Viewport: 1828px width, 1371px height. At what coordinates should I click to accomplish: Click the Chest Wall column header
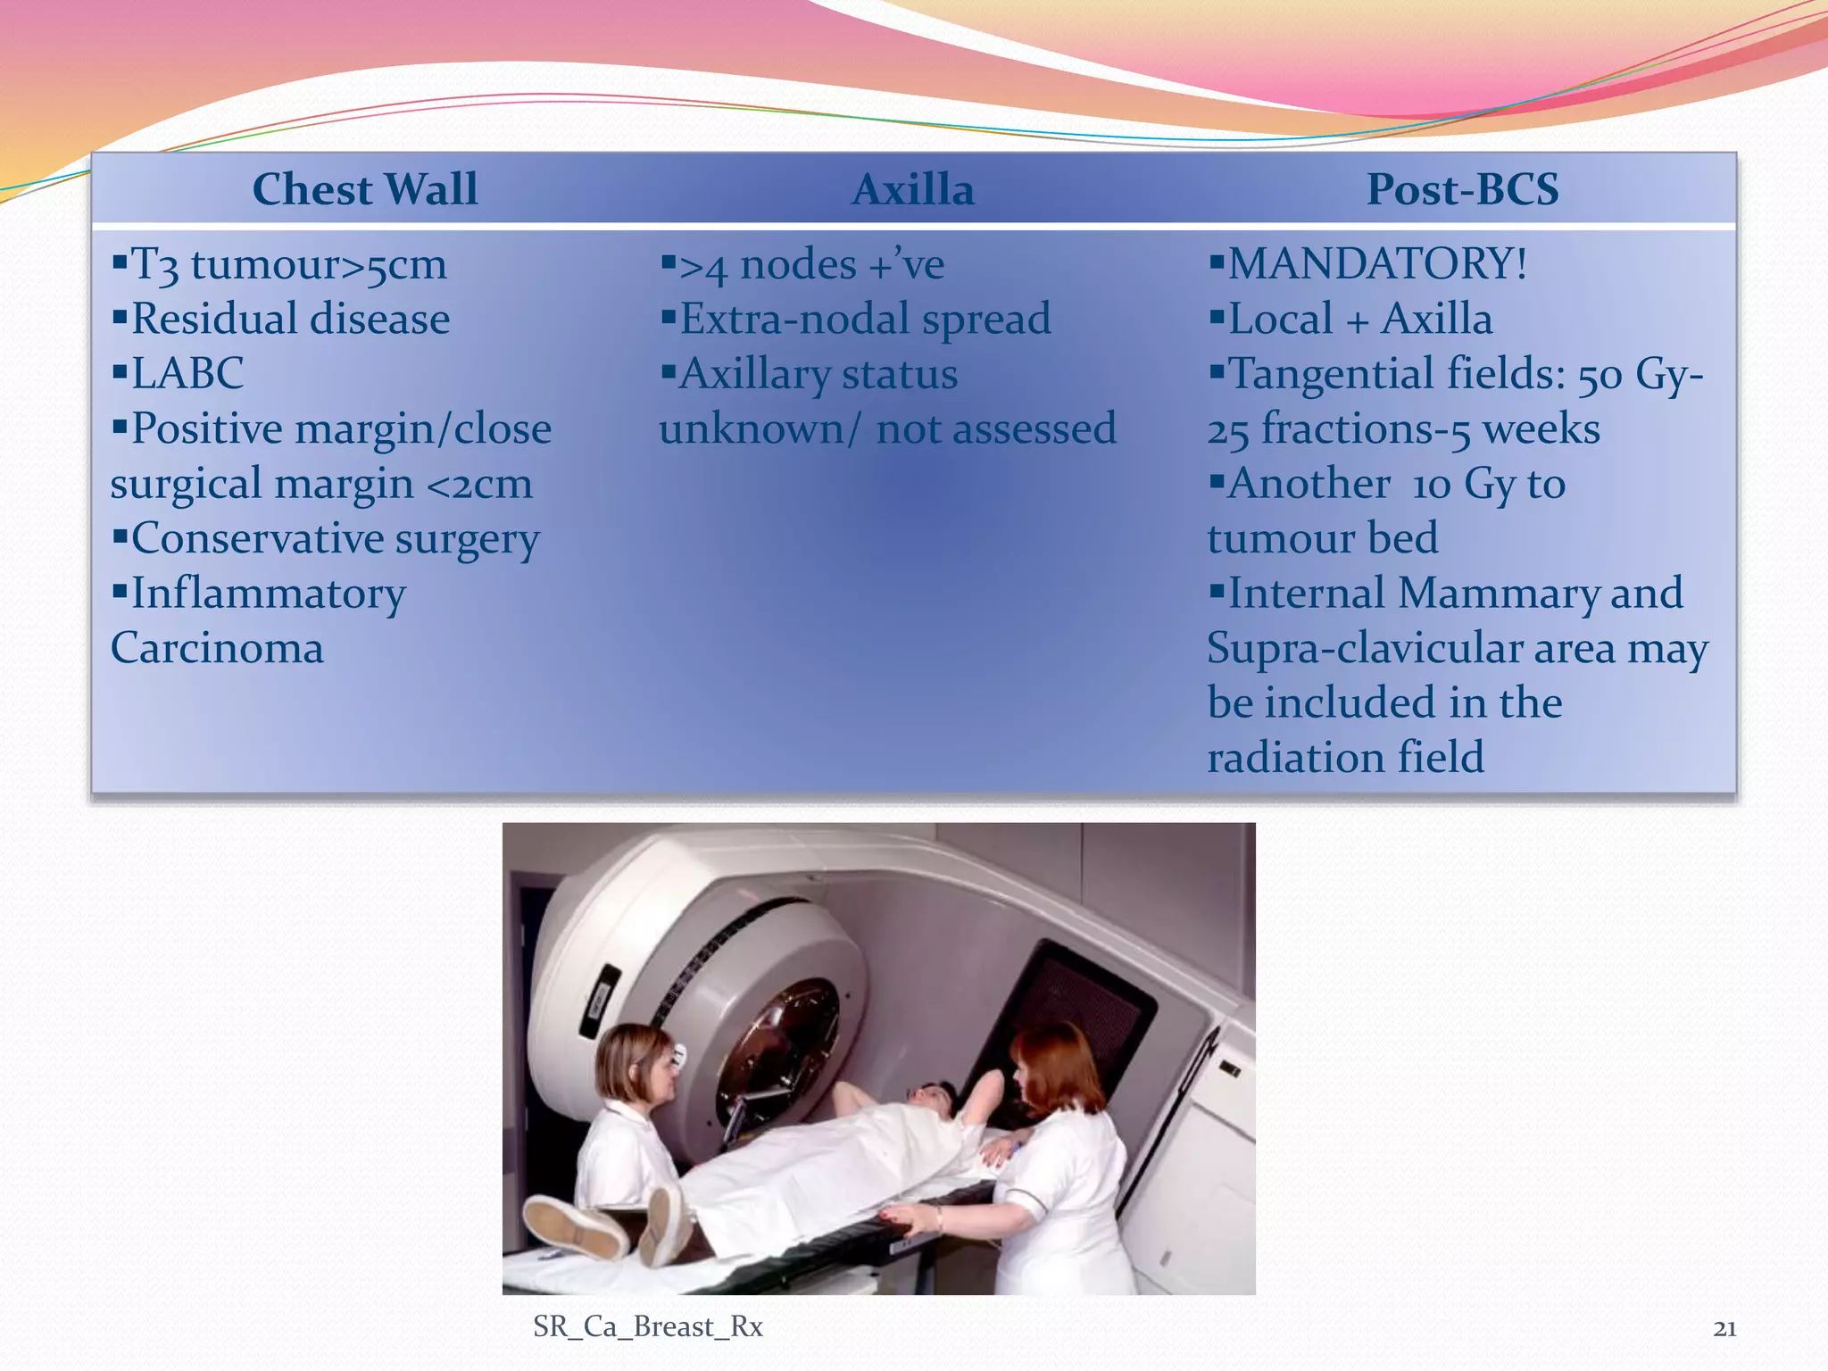coord(365,189)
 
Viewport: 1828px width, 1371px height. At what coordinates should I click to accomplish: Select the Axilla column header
coord(913,189)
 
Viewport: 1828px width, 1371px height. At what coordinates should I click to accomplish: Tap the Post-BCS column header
coord(1462,189)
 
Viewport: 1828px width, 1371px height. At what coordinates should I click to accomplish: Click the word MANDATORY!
coord(1377,264)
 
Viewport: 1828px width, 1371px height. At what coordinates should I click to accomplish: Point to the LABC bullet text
coord(187,373)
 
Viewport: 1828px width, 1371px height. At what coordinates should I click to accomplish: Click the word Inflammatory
coord(268,594)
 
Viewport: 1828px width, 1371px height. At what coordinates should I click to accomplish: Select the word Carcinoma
coord(217,648)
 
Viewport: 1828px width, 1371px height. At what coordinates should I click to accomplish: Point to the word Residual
coord(210,320)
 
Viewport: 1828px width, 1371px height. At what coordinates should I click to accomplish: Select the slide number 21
coord(1724,1329)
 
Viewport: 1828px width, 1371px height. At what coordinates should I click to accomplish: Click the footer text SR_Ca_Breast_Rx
coord(647,1327)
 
